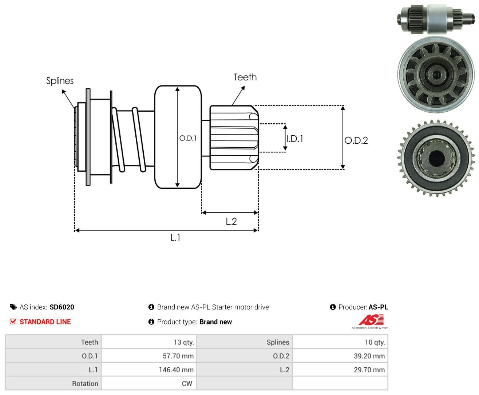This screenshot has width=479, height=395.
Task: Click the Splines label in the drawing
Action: point(60,81)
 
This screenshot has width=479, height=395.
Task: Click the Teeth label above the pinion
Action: point(245,77)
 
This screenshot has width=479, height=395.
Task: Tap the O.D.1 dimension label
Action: point(188,138)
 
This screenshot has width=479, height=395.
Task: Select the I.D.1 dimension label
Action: point(295,139)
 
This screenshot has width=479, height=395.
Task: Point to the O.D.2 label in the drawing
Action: point(356,140)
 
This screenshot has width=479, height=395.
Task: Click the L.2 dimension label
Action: point(231,222)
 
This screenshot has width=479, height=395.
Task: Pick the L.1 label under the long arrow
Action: point(175,238)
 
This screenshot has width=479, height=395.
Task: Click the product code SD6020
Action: point(62,307)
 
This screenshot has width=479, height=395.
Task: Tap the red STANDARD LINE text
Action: point(45,322)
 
